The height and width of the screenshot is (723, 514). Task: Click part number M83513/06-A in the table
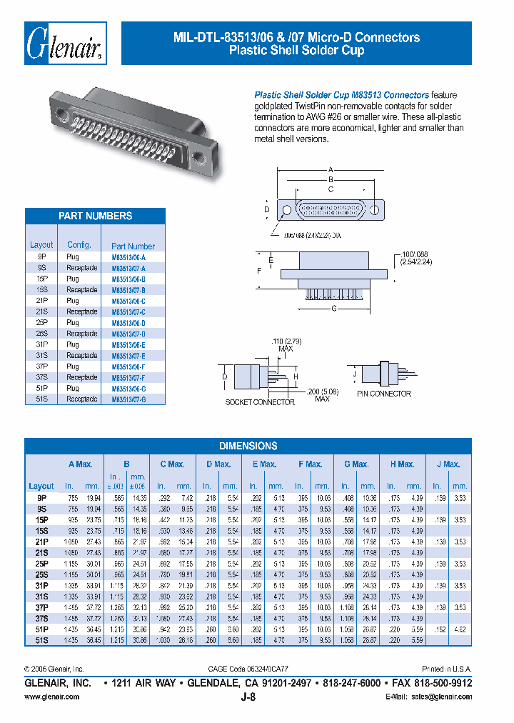click(128, 257)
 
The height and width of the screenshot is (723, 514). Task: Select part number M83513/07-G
click(128, 399)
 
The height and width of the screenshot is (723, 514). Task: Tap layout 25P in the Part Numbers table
click(41, 323)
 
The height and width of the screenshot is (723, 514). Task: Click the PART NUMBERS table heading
click(95, 216)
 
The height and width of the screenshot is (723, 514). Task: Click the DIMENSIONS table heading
click(248, 446)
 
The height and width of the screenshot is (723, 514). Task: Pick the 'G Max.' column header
click(355, 464)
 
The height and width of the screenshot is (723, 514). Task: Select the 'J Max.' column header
click(448, 464)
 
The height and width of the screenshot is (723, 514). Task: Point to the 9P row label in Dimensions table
click(41, 497)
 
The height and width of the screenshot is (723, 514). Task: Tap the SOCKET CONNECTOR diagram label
click(260, 402)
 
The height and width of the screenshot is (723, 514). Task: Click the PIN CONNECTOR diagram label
click(384, 394)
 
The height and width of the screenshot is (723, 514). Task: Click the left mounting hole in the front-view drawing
click(287, 211)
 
